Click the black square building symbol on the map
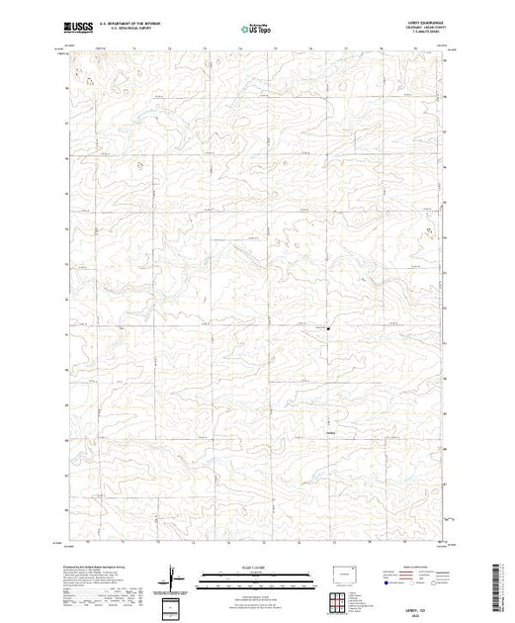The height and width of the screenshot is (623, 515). pos(329,329)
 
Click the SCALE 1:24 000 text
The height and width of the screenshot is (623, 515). pos(255,568)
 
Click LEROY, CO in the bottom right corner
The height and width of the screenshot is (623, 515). pos(418,606)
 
